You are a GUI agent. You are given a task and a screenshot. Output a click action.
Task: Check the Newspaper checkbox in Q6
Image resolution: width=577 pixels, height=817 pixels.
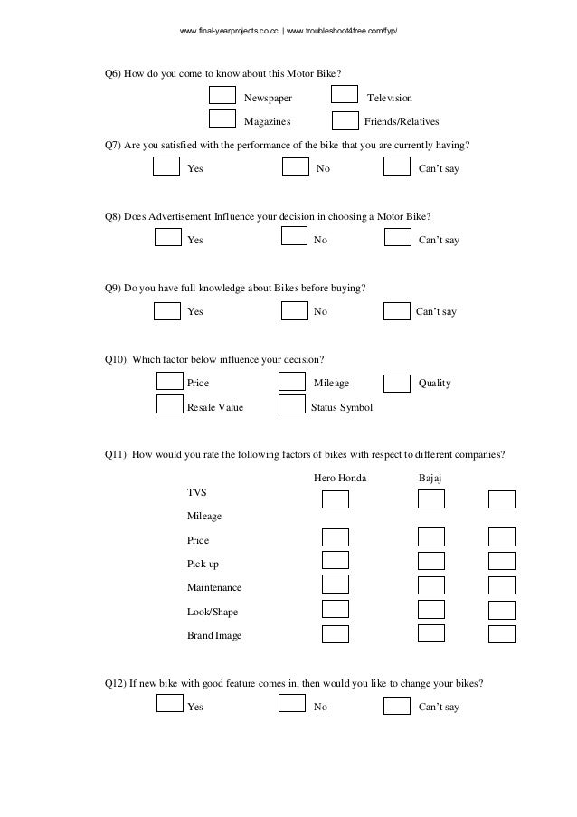[222, 96]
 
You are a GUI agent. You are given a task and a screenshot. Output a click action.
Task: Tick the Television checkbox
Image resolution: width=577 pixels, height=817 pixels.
[345, 96]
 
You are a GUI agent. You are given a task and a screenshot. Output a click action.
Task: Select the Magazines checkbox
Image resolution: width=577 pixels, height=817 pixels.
[222, 119]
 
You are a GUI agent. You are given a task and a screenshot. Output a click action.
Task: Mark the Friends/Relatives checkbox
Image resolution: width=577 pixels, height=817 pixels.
[345, 119]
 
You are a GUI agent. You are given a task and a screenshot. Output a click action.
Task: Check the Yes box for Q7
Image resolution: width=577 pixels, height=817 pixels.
[166, 166]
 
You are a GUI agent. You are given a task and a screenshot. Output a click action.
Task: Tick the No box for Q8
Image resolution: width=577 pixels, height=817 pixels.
[295, 238]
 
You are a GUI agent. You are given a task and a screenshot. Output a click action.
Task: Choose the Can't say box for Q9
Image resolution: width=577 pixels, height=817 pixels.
[397, 311]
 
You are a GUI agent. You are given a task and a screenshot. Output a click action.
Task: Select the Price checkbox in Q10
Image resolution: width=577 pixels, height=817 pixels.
[170, 383]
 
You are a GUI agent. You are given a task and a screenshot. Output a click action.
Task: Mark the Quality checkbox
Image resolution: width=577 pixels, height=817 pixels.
[397, 383]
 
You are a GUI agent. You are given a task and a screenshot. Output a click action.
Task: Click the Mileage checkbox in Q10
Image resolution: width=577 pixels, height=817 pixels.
[291, 383]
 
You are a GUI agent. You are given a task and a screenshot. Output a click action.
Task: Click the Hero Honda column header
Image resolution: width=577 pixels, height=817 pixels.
[340, 477]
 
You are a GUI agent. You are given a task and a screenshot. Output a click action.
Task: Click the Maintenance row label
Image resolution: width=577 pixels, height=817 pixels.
[213, 587]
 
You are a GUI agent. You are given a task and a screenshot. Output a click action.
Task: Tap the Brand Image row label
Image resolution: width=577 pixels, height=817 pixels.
[213, 636]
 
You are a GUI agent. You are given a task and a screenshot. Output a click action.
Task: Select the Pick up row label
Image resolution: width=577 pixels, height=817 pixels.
[203, 564]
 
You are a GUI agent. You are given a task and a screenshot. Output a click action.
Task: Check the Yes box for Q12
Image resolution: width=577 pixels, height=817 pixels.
[169, 704]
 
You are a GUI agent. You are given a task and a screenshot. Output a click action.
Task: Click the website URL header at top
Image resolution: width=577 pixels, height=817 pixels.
[288, 33]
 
